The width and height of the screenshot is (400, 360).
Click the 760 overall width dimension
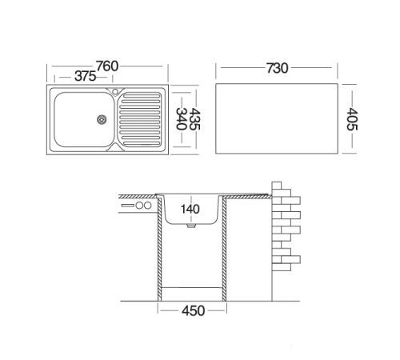tap(107, 66)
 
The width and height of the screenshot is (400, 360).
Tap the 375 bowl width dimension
tap(85, 76)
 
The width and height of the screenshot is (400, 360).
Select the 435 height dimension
tap(194, 119)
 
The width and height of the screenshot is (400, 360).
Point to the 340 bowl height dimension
tap(182, 118)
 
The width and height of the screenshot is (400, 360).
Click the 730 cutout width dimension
tap(278, 68)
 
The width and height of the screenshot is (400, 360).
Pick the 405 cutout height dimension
tap(352, 119)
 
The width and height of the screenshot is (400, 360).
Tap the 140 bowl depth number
tap(190, 209)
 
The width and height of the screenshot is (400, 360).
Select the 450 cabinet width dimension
tap(193, 310)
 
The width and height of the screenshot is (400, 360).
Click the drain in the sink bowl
tap(102, 119)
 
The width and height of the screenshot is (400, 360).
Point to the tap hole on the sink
tap(115, 92)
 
